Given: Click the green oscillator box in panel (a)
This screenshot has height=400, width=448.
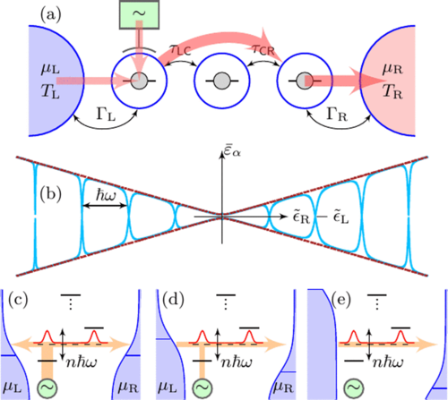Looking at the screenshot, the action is pos(139,14).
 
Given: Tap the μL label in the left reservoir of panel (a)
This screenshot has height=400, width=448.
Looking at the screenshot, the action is pos(50,70).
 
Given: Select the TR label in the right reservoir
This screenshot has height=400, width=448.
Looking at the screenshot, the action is pos(392,91).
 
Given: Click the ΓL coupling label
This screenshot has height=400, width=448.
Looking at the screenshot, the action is pos(106,115).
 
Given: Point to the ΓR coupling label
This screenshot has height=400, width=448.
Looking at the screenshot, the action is pos(337,115).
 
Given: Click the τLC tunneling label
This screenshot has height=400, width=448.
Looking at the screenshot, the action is pos(180,50).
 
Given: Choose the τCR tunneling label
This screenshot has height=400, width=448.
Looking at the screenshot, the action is pos(263,49).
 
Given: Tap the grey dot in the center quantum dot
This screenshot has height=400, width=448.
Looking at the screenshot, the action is pos(221,81).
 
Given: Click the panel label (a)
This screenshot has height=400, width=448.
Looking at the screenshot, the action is pos(51,14).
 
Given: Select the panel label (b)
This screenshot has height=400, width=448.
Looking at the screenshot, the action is pos(51,195).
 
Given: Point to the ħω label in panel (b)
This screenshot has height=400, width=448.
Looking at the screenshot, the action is pos(106,196).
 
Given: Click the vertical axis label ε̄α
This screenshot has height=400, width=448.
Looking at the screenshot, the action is pos(232,153).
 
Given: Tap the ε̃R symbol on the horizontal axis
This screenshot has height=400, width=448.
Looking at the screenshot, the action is pos(301,217).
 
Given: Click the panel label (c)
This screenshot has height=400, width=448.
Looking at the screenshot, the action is pos(18,300).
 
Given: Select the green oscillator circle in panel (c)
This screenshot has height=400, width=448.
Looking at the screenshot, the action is pos(47,387).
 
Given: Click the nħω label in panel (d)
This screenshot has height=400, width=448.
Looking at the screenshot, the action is pos(237,362).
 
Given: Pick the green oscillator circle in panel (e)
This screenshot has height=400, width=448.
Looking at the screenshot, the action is pos(354,387).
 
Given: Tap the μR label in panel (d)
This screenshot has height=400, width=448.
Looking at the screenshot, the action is pos(284,387).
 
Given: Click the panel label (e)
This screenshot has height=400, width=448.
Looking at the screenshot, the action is pos(341,300).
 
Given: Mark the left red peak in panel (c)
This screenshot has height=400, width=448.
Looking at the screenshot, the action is pos(47,336).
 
